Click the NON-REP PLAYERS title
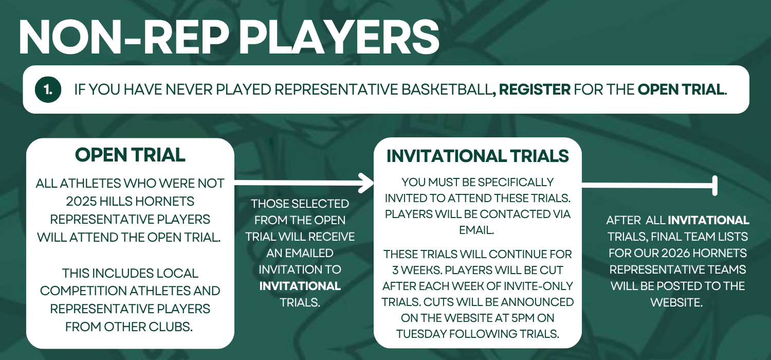(x=229, y=37)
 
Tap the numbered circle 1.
(x=48, y=89)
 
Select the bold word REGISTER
(x=535, y=89)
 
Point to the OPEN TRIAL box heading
(x=130, y=155)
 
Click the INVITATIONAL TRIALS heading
(x=478, y=156)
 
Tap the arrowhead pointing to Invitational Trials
(x=366, y=183)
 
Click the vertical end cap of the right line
(x=715, y=186)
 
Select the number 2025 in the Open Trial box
(x=81, y=201)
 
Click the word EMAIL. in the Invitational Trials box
(x=476, y=230)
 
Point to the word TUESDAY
(x=420, y=334)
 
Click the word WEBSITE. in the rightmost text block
(x=677, y=302)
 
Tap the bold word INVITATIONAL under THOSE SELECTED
(x=300, y=286)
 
